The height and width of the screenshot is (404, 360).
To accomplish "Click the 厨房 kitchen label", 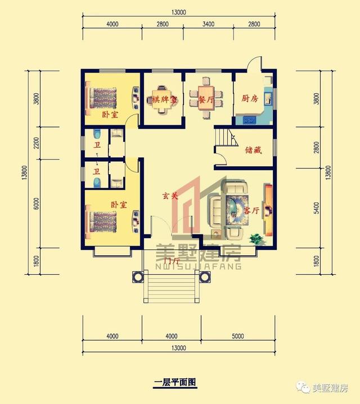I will [x=250, y=99].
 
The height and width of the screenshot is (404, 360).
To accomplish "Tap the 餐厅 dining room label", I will [x=206, y=99].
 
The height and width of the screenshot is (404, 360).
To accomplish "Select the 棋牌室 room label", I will [x=164, y=99].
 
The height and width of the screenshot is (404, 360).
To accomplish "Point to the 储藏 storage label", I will [x=253, y=151].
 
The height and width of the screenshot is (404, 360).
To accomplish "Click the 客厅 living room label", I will [x=251, y=210].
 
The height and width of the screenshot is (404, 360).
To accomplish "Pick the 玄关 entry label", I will [x=170, y=197].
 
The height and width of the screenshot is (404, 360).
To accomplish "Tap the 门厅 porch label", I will [x=171, y=261].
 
